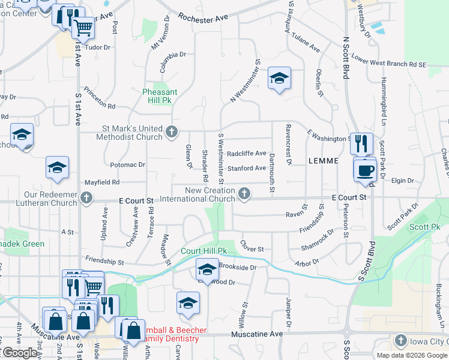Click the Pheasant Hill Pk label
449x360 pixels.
[x=160, y=96]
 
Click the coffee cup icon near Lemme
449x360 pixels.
[x=365, y=170]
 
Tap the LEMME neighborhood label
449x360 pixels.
[x=324, y=161]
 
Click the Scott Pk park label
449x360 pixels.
[x=425, y=227]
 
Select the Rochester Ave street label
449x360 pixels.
[x=203, y=19]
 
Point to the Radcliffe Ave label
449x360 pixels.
[x=246, y=153]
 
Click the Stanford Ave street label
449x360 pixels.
[x=246, y=168]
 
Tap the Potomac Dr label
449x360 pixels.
[x=128, y=164]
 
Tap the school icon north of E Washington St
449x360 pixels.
[x=279, y=78]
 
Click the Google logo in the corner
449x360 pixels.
[x=19, y=353]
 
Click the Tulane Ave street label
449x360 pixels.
[x=306, y=42]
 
